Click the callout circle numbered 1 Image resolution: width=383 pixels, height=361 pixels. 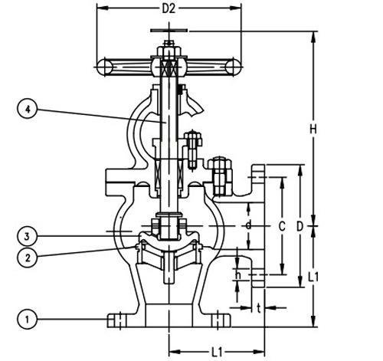point(28,320)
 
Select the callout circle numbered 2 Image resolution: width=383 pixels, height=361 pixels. point(28,258)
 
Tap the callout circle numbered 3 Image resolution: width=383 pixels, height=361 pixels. point(28,236)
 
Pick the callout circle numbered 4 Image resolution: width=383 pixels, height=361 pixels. point(28,109)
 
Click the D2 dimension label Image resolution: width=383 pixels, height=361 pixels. point(169,9)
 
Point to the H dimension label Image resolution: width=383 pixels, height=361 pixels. point(313,129)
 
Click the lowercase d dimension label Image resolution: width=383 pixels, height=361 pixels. point(248,225)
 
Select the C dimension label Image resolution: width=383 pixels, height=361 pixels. point(282,226)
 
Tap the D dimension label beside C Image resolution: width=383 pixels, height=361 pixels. point(300,226)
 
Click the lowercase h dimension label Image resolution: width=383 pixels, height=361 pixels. point(237,275)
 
